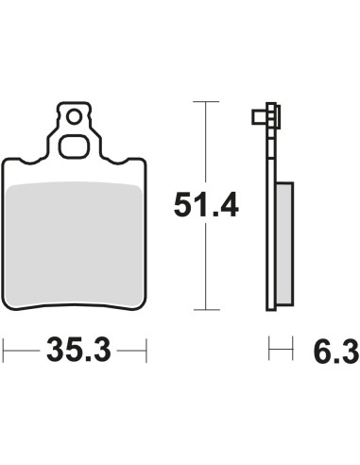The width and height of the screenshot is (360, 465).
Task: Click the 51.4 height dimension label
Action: [x=206, y=204]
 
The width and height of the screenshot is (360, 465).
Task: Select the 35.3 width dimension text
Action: [x=78, y=350]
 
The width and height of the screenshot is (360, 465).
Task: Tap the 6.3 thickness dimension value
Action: [x=336, y=352]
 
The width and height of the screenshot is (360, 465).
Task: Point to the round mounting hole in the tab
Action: [x=75, y=117]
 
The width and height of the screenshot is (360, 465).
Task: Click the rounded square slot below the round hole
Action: [x=74, y=146]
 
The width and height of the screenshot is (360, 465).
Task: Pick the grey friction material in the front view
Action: [x=75, y=244]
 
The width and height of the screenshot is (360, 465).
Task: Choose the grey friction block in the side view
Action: [x=285, y=244]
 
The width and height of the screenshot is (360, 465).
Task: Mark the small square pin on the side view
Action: [x=260, y=117]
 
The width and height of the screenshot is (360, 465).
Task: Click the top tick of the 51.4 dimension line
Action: [x=206, y=102]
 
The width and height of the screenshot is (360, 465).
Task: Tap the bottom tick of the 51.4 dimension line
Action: [x=206, y=310]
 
